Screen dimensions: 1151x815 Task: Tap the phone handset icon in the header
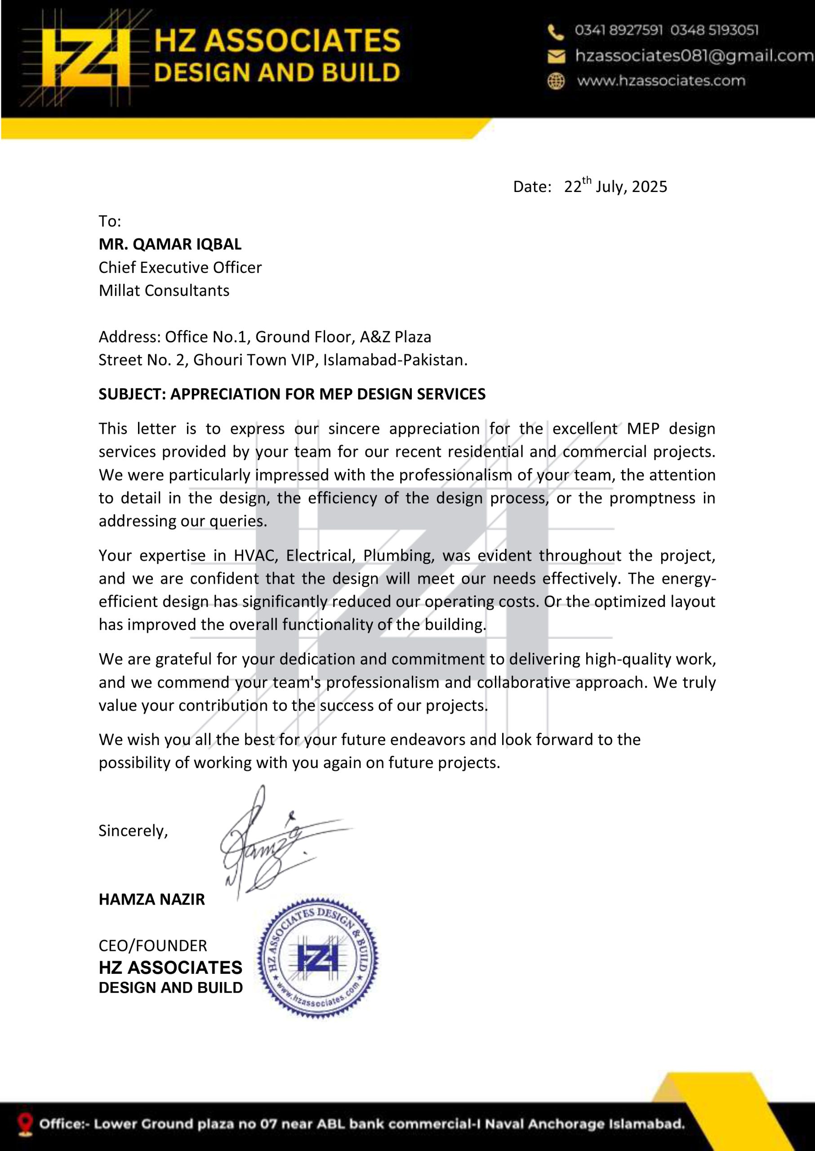[556, 32]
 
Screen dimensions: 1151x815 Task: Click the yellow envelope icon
[556, 56]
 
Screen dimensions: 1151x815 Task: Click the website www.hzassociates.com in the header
[661, 81]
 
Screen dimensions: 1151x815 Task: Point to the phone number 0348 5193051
[714, 31]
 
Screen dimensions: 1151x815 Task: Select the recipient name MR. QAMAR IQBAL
[169, 245]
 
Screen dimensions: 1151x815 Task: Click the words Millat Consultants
[164, 290]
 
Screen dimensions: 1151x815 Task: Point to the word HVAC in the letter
[254, 556]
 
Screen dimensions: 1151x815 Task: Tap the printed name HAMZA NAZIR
[151, 900]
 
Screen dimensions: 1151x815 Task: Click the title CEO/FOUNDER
[152, 946]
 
